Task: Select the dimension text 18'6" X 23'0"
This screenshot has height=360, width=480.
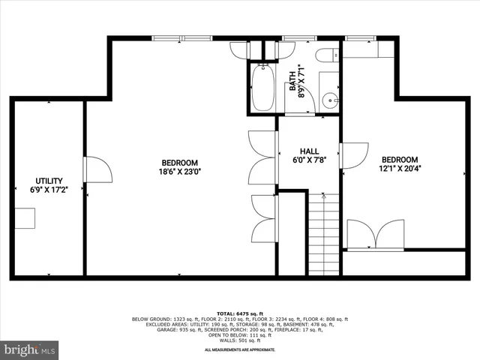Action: pyautogui.click(x=180, y=171)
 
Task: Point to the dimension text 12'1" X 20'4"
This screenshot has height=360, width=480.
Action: pyautogui.click(x=399, y=168)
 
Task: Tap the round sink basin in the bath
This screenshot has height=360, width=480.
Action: pyautogui.click(x=329, y=100)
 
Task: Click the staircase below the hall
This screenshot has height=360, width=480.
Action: pyautogui.click(x=325, y=232)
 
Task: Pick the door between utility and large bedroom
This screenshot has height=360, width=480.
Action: pyautogui.click(x=97, y=169)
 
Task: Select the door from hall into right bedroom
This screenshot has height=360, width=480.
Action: pyautogui.click(x=351, y=154)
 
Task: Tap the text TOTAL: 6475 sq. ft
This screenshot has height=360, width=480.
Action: pyautogui.click(x=240, y=313)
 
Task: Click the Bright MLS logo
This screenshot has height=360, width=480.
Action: pyautogui.click(x=31, y=349)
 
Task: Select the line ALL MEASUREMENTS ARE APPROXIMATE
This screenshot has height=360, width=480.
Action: pyautogui.click(x=240, y=349)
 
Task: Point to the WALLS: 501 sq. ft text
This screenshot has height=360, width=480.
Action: pyautogui.click(x=240, y=342)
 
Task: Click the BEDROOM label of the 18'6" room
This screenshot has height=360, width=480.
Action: pyautogui.click(x=180, y=163)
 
